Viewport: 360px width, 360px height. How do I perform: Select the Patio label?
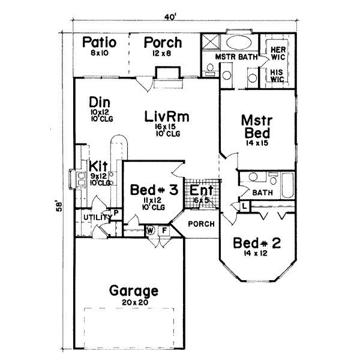coord(100,43)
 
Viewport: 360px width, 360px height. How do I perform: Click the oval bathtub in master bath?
coord(239,44)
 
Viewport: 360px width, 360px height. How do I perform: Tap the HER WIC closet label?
coord(277,53)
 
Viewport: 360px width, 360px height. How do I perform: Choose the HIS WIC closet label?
coord(277,74)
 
